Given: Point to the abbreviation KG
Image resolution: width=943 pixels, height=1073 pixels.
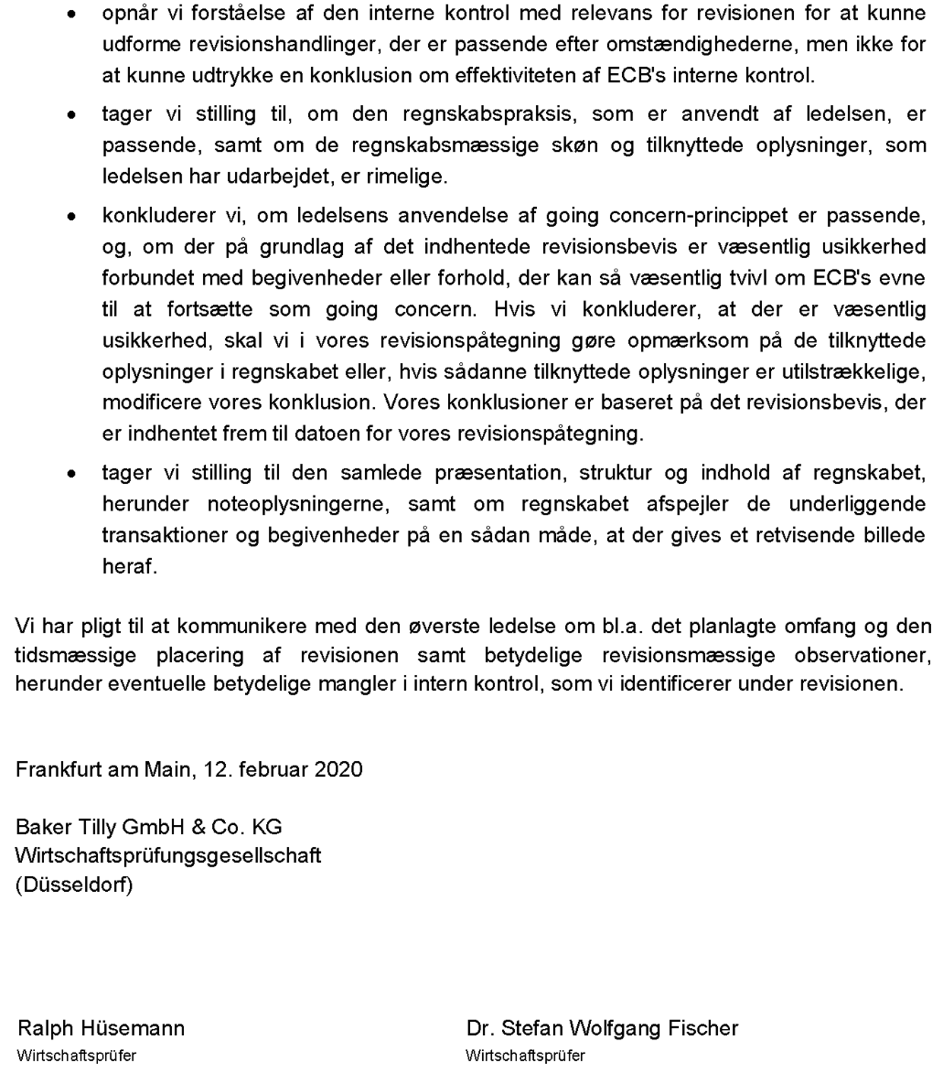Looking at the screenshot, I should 267,827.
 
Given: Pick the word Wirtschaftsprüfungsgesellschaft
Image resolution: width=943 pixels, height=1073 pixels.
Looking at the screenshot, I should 168,856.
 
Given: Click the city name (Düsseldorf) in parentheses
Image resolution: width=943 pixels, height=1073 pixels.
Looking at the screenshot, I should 74,885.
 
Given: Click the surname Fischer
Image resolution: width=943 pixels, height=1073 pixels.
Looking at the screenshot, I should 703,1029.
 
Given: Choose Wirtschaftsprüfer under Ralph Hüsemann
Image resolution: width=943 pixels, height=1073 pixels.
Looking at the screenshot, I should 76,1056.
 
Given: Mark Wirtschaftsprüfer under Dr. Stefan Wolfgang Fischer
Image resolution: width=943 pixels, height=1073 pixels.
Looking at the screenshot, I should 525,1056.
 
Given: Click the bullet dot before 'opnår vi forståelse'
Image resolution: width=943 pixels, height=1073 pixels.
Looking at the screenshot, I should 71,14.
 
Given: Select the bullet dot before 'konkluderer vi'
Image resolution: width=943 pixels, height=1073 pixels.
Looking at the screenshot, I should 71,217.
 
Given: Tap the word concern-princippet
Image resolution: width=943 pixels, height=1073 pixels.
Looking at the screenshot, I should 698,216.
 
